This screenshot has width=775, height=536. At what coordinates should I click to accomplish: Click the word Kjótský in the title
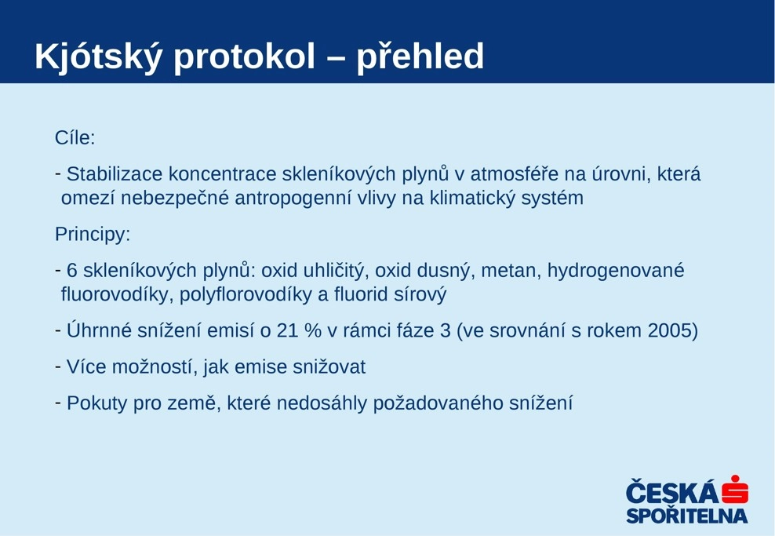point(98,57)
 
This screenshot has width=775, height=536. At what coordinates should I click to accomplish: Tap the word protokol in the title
point(244,57)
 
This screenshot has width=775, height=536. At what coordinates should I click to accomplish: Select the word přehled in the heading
point(420,57)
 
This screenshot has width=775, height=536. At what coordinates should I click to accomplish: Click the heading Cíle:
point(75,137)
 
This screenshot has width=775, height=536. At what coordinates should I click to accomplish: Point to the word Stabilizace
point(115,174)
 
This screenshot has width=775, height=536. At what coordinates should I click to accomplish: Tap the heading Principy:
point(93,235)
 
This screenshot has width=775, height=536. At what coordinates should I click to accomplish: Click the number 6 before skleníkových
point(72,271)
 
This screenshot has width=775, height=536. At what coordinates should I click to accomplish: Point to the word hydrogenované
point(615,271)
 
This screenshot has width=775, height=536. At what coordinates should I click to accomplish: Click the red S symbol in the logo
point(735,490)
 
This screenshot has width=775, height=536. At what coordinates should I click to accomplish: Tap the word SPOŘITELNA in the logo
point(687,516)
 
